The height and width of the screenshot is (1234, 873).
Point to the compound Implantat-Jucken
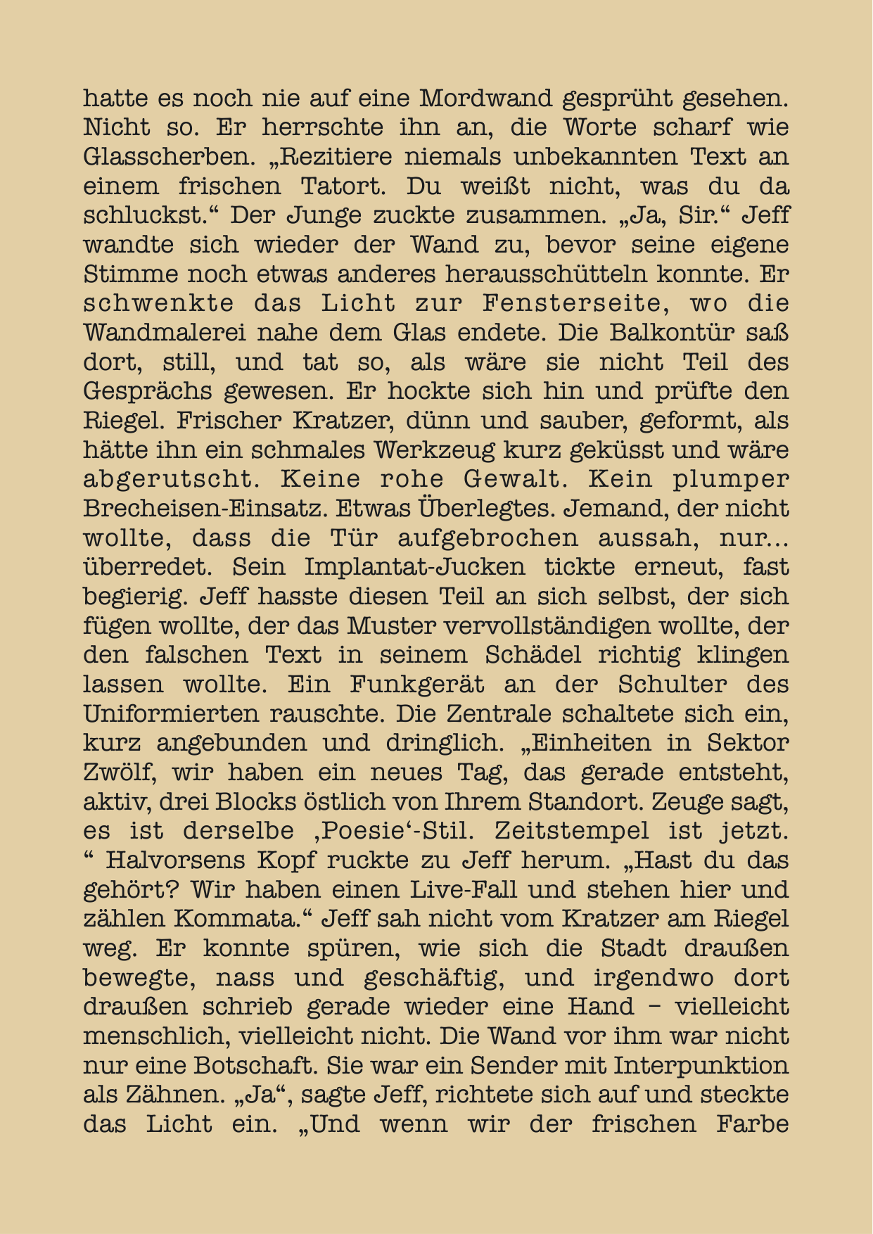[x=414, y=567]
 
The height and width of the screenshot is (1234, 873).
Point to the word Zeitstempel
[x=572, y=832]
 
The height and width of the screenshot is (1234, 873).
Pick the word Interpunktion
[x=701, y=1066]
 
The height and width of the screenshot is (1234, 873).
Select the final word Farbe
[x=752, y=1124]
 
